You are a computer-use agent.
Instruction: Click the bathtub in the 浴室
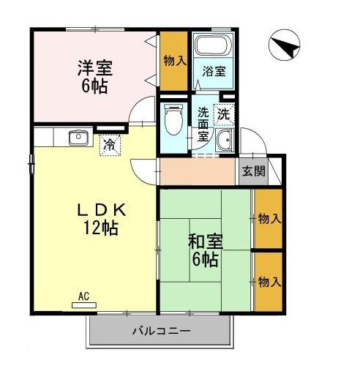213,45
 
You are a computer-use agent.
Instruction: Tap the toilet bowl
173,119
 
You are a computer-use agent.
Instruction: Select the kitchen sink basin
78,138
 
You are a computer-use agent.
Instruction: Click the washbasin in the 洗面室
225,140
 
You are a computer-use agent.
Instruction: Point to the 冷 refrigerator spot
110,146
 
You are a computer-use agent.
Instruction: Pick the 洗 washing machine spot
224,114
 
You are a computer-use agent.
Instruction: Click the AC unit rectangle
84,305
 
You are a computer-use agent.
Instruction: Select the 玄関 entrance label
254,171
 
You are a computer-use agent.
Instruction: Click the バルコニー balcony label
162,331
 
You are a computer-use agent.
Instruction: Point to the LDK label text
102,210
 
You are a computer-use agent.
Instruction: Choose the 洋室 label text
95,68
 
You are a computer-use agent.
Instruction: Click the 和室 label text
206,242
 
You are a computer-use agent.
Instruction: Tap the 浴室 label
214,72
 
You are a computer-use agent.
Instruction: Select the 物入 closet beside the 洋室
173,61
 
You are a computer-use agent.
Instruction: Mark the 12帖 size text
101,228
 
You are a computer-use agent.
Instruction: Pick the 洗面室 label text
203,124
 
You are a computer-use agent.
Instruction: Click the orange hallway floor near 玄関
198,171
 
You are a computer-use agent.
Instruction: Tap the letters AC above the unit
83,296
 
